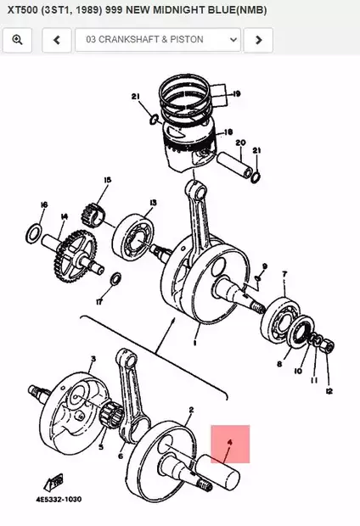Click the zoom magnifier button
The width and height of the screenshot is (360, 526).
(18, 40)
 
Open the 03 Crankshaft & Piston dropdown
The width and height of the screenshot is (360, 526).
(157, 40)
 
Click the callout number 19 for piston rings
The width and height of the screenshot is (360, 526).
(236, 93)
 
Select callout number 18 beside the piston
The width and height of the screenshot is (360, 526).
(227, 133)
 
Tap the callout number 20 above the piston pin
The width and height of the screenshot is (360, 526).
(240, 143)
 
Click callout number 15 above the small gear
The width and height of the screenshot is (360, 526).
(107, 180)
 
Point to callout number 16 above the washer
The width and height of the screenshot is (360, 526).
(44, 204)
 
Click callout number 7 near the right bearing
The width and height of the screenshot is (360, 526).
(284, 274)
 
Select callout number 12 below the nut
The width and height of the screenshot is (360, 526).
(329, 390)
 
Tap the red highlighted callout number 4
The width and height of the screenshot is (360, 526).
(229, 443)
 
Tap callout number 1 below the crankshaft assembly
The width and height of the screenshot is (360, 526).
(195, 344)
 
